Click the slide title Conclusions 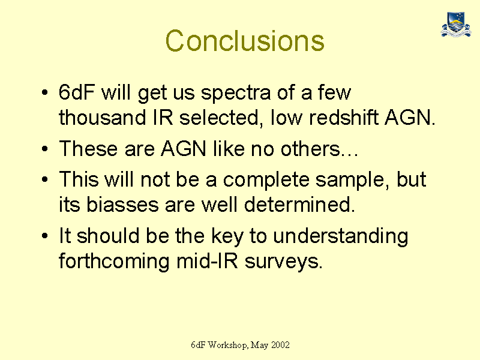(245, 41)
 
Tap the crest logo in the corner (456, 25)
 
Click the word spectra (236, 94)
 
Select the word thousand (102, 117)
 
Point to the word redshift (344, 117)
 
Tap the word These (88, 149)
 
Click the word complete (266, 181)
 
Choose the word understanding (340, 236)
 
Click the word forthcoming (114, 262)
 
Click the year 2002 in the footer (280, 346)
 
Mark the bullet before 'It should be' (45, 236)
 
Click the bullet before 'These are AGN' (45, 149)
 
